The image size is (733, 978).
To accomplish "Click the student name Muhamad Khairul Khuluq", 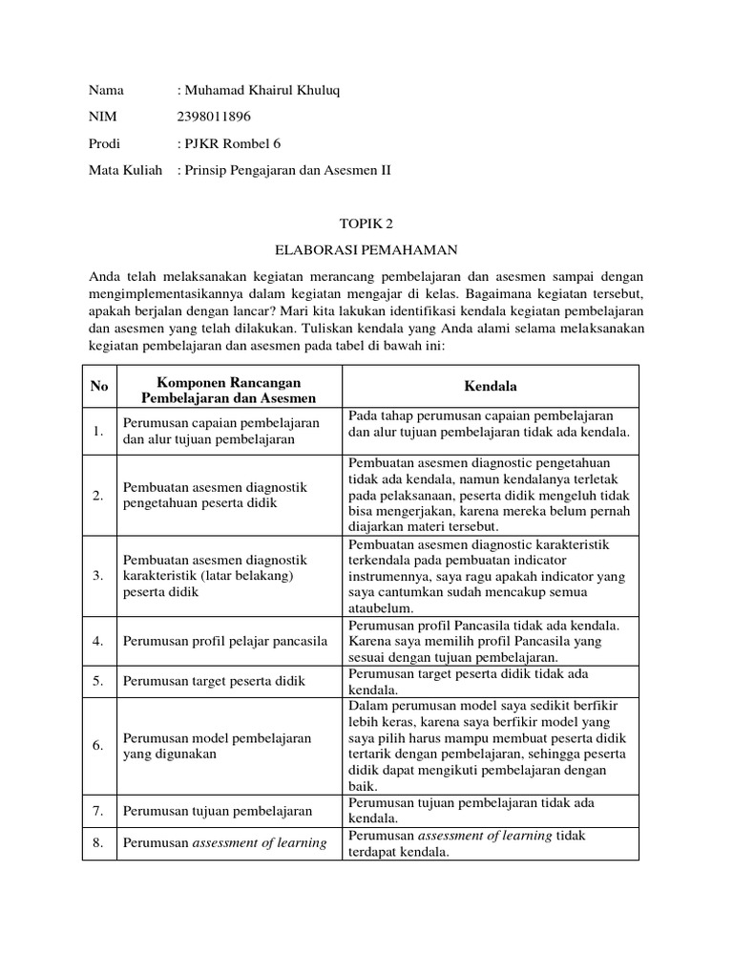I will pyautogui.click(x=262, y=90).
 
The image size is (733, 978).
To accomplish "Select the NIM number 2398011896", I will pyautogui.click(x=216, y=117).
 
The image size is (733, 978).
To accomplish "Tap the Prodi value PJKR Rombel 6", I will pyautogui.click(x=234, y=143).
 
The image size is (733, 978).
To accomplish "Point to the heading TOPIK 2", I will pyautogui.click(x=366, y=223).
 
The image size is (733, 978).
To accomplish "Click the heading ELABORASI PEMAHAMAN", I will pyautogui.click(x=366, y=250).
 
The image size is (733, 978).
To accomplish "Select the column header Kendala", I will pyautogui.click(x=490, y=387).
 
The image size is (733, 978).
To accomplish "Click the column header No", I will pyautogui.click(x=99, y=387).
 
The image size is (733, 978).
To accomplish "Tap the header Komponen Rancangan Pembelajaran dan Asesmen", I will pyautogui.click(x=228, y=388).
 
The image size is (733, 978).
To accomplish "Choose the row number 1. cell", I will pyautogui.click(x=98, y=432).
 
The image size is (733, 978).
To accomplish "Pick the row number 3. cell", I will pyautogui.click(x=98, y=576).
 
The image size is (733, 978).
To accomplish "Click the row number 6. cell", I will pyautogui.click(x=98, y=746).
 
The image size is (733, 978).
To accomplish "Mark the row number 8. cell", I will pyautogui.click(x=98, y=842).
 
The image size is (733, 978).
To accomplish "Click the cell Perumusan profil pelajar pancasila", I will pyautogui.click(x=225, y=640).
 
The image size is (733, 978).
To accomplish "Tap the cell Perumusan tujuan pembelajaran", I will pyautogui.click(x=218, y=811).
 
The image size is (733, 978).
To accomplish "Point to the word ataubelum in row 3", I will pyautogui.click(x=381, y=607).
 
